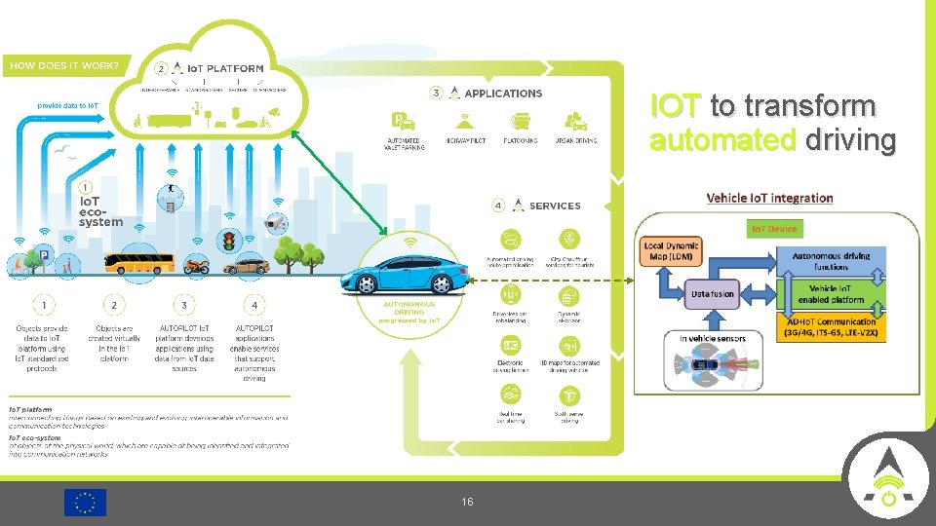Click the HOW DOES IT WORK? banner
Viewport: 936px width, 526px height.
click(x=63, y=66)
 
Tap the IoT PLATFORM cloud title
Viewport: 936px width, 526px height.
click(x=226, y=68)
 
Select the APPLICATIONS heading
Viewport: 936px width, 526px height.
click(x=503, y=94)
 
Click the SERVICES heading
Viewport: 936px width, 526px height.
click(x=554, y=206)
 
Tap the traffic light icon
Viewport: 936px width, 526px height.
click(x=231, y=242)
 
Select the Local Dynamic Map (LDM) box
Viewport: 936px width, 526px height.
click(x=672, y=251)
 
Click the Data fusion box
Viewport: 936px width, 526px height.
click(x=713, y=293)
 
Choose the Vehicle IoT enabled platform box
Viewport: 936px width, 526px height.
click(x=831, y=293)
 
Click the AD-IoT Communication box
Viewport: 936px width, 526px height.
click(x=831, y=326)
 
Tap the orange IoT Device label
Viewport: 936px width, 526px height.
click(x=773, y=229)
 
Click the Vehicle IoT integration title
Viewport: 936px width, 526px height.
click(x=769, y=198)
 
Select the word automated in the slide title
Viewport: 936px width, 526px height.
click(x=722, y=140)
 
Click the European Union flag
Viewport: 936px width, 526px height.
click(x=85, y=502)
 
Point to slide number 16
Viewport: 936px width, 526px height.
click(x=467, y=502)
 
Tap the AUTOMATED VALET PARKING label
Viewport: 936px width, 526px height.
click(x=406, y=143)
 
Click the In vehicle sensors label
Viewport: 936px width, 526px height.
click(x=713, y=339)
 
